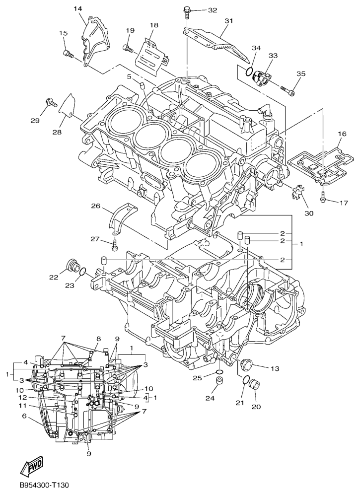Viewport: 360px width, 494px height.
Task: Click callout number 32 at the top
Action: (x=213, y=10)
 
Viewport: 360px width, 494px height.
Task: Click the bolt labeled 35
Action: (x=288, y=90)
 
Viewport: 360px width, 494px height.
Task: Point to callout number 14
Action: (x=78, y=8)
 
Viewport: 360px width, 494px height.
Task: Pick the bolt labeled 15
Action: (x=69, y=54)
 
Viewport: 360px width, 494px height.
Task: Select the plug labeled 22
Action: (x=73, y=267)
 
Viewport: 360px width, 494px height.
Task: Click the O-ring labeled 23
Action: (x=82, y=272)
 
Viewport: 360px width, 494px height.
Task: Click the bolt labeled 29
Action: (x=51, y=102)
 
